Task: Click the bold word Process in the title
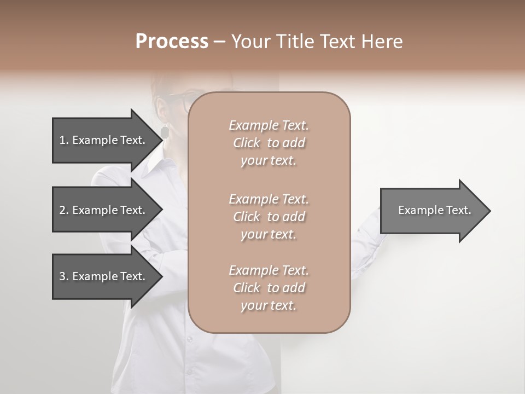(172, 42)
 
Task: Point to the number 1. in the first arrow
(63, 140)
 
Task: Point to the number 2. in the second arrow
(63, 210)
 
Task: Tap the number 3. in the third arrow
(63, 276)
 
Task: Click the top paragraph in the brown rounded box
(269, 143)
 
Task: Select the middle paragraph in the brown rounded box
(269, 217)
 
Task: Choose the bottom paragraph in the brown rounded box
(269, 288)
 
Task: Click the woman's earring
(165, 131)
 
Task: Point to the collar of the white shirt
(156, 164)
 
